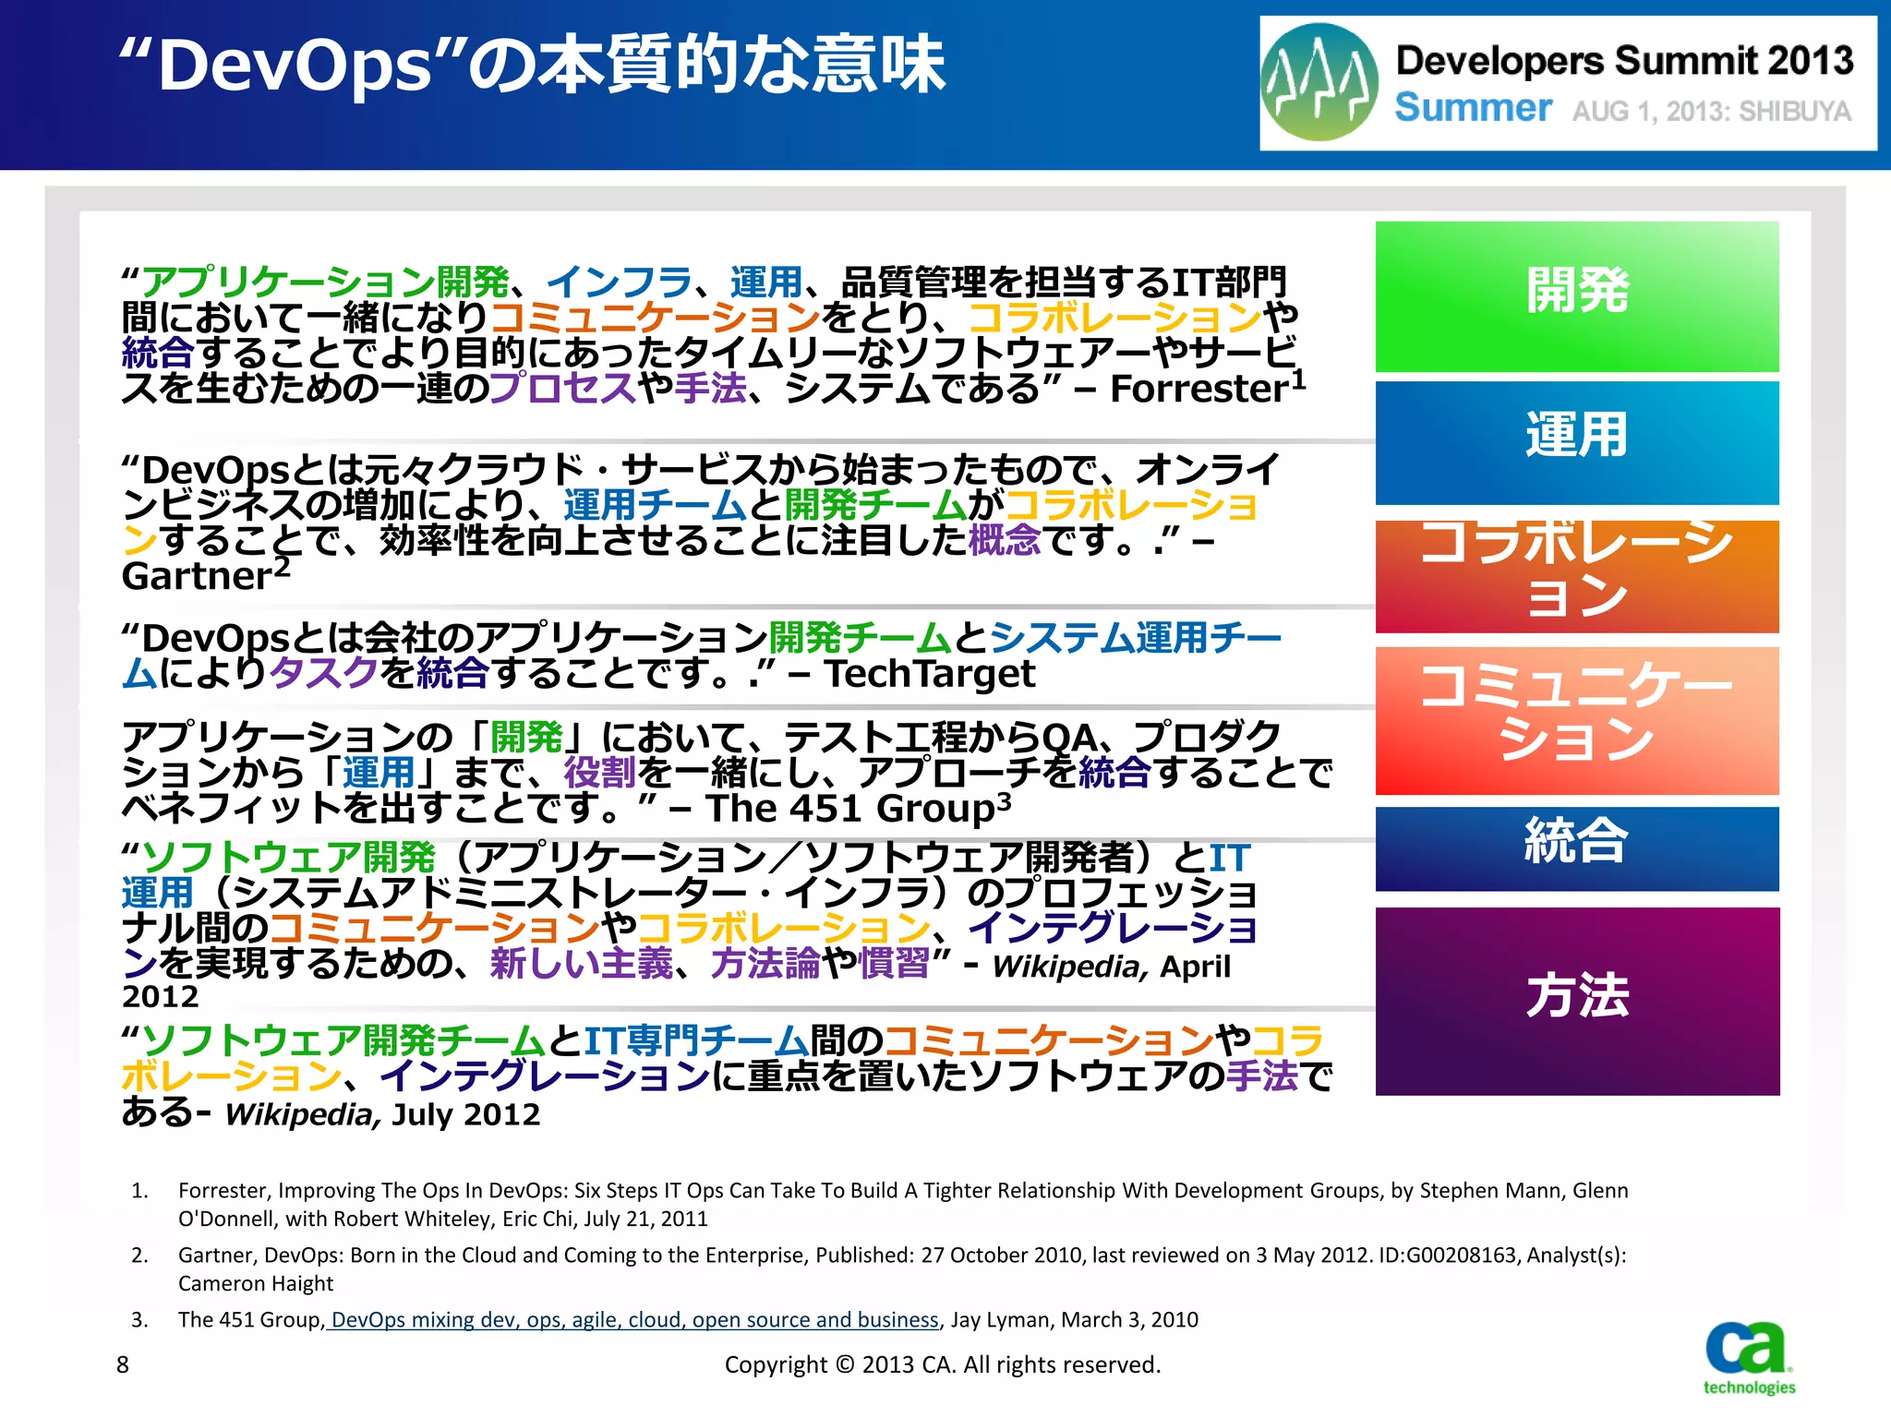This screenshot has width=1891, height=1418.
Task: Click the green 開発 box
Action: point(1576,295)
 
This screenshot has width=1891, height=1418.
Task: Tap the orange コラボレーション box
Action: point(1576,576)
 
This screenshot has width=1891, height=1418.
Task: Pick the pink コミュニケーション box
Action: point(1576,720)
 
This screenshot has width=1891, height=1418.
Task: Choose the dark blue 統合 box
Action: point(1576,847)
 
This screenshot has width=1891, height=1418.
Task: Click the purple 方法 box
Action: point(1576,1001)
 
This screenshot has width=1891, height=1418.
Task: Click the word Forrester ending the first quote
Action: point(1198,389)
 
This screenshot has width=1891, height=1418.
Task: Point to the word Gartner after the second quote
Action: point(196,576)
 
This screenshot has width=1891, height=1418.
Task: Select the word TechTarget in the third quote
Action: point(930,674)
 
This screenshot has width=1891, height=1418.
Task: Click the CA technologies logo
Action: point(1748,1357)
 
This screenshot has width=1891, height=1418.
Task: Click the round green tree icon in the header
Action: point(1319,83)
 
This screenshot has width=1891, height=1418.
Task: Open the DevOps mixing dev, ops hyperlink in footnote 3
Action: point(633,1319)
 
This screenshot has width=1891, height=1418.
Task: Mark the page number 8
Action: point(123,1364)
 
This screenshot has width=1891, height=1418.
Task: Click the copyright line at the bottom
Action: point(942,1364)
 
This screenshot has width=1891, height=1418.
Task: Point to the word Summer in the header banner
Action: point(1473,108)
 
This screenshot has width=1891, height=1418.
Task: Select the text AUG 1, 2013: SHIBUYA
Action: point(1711,112)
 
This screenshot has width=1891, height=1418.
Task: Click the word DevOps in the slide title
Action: point(295,66)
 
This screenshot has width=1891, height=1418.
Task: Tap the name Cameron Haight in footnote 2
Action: point(256,1283)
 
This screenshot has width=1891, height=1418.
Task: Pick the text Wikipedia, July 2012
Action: point(382,1114)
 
